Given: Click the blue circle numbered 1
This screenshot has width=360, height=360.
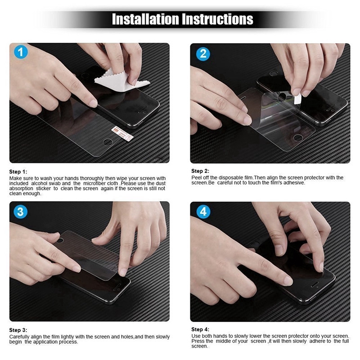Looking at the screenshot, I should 21,52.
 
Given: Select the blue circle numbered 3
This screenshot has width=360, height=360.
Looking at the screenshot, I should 21,211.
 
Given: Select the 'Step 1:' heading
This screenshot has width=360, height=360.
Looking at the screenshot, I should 18,172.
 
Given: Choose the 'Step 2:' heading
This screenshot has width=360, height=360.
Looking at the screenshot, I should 200,171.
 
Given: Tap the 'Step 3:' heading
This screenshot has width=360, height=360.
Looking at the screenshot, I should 18,330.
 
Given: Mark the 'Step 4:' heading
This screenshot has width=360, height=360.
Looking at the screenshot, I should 200,329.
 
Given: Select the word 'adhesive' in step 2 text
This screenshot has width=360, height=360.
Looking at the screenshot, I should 294,183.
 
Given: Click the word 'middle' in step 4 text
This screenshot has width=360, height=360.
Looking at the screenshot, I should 226,341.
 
